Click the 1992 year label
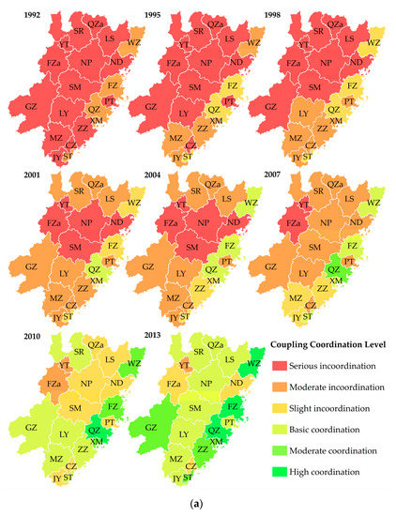point(18,13)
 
